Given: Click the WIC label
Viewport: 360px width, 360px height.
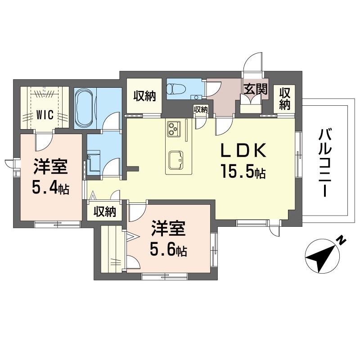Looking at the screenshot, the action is (x=45, y=115).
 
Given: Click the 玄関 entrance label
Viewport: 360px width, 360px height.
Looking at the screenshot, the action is (x=256, y=89).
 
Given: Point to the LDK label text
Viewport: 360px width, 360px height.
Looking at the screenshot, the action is (x=243, y=150).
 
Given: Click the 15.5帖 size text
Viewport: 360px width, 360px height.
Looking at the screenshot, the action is (x=243, y=171).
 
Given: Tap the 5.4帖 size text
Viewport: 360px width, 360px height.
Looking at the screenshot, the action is (x=50, y=188).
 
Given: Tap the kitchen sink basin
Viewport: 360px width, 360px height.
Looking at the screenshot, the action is (x=176, y=160).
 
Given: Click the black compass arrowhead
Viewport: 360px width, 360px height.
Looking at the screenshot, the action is (x=319, y=258).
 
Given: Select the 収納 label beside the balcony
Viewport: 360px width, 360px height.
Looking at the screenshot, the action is (x=284, y=99).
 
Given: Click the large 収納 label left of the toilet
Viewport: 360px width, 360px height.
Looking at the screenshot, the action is (x=144, y=96).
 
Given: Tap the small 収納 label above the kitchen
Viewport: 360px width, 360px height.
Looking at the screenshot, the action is (x=201, y=109).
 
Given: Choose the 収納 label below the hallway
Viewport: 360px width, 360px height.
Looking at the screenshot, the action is (x=104, y=211).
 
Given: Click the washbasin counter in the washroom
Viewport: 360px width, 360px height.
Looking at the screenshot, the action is (x=94, y=161).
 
